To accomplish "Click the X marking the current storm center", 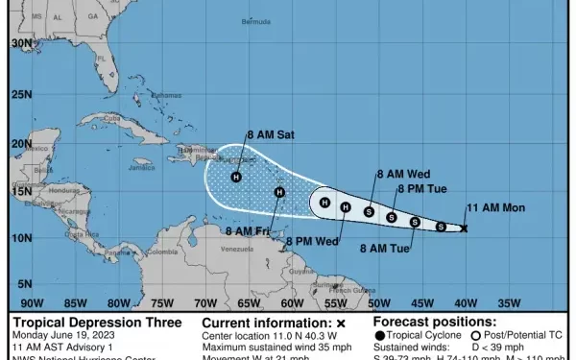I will click(465, 228).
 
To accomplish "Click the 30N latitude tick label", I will click(22, 43).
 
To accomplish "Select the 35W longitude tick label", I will click(510, 299).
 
